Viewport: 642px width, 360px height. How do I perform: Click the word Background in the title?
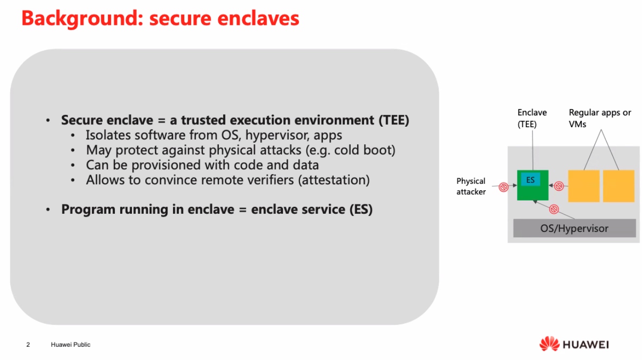(82, 19)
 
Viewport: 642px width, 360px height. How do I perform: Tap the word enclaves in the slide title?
(258, 19)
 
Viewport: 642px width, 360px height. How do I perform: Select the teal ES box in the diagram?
(530, 180)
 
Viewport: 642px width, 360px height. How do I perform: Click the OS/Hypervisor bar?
(575, 228)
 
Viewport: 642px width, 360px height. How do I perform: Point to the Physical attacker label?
(471, 186)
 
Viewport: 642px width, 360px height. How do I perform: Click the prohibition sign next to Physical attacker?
(503, 187)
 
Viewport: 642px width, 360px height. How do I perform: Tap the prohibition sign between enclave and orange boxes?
(558, 186)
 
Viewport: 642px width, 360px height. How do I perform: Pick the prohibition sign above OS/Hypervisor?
(554, 209)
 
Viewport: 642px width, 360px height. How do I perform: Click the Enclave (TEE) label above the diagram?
(532, 118)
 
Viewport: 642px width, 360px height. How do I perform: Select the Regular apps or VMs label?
(600, 118)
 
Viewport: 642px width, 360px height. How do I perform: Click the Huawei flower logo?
(550, 344)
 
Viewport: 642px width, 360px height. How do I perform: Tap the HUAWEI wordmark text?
(586, 344)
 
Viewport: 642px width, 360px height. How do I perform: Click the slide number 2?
(28, 344)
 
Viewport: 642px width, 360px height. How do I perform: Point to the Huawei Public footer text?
(70, 344)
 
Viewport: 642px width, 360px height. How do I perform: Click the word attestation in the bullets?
(334, 180)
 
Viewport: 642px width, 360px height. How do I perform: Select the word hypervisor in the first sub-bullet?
(278, 135)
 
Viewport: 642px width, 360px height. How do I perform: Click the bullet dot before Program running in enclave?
(48, 210)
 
